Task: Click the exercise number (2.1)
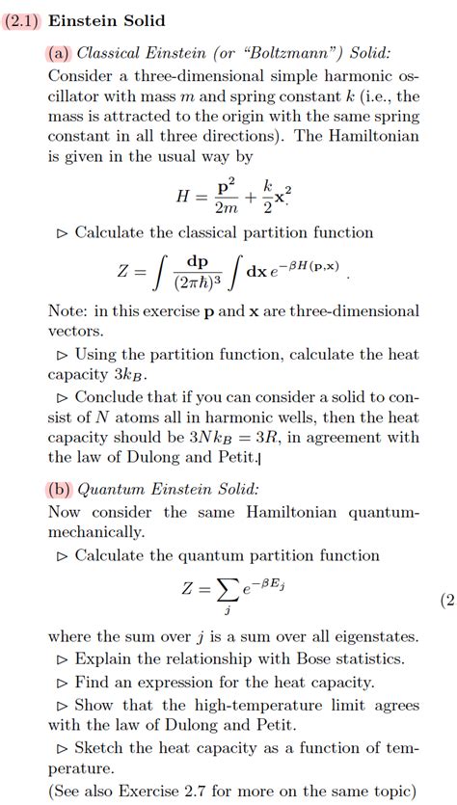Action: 20,20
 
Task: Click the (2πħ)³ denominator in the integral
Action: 196,283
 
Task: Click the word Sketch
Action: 99,748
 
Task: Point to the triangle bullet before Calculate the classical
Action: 63,233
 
